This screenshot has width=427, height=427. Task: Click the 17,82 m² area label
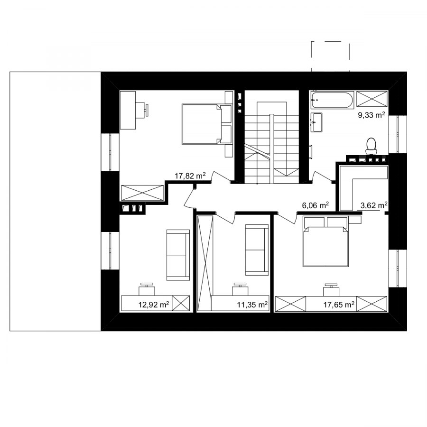[190, 176]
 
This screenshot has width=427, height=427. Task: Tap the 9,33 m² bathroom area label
[371, 115]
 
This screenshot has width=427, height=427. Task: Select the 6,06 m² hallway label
[316, 205]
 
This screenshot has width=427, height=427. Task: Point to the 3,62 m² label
[374, 205]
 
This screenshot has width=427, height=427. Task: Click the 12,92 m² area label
[154, 305]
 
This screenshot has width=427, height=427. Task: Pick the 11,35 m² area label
[252, 305]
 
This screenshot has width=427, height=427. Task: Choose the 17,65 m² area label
[339, 304]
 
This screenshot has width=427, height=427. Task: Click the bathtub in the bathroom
[332, 100]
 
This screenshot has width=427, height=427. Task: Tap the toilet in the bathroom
[371, 146]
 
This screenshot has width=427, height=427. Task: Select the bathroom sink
[316, 122]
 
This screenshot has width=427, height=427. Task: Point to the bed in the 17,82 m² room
[207, 124]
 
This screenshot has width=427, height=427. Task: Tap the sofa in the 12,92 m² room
[178, 255]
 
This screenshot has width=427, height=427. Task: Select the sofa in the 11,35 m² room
[257, 250]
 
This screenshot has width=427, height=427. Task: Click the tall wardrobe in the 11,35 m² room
[205, 263]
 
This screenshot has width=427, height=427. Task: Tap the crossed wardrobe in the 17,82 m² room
[142, 193]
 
